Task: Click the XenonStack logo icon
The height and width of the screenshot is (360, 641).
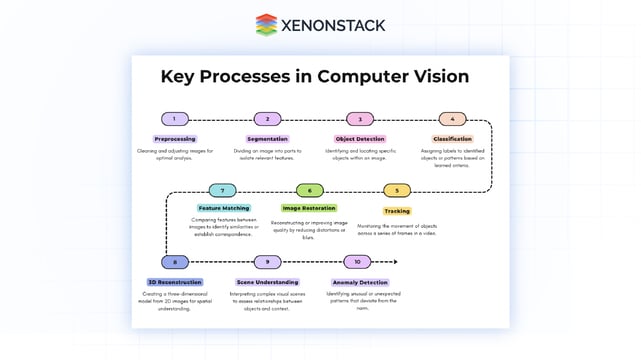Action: tap(266, 25)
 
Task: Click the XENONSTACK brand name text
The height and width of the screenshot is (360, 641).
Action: tap(332, 26)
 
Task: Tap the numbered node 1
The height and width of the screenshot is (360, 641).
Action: tap(175, 119)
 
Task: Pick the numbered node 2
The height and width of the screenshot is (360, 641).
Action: tap(267, 119)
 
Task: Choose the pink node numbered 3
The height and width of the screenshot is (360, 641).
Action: tap(360, 119)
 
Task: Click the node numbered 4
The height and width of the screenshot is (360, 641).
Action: tap(452, 119)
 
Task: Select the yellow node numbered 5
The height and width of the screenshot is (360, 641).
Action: tap(397, 191)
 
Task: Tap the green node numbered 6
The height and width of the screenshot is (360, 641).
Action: tap(310, 191)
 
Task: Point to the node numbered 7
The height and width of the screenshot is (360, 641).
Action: tap(223, 191)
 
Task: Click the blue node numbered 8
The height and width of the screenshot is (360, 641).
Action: tap(175, 262)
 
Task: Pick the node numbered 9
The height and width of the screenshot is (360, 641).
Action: tap(267, 262)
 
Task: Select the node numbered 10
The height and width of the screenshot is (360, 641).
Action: tap(357, 262)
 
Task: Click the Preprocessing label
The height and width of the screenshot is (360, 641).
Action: tap(175, 139)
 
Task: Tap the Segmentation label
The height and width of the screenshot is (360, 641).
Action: tap(267, 139)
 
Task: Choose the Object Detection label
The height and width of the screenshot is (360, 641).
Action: tap(360, 139)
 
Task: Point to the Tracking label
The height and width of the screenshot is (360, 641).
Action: tap(397, 211)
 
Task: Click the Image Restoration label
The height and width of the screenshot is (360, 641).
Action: tap(310, 208)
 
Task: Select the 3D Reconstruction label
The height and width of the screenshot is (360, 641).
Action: tap(175, 282)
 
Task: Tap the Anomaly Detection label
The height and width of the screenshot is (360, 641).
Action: tap(359, 282)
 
